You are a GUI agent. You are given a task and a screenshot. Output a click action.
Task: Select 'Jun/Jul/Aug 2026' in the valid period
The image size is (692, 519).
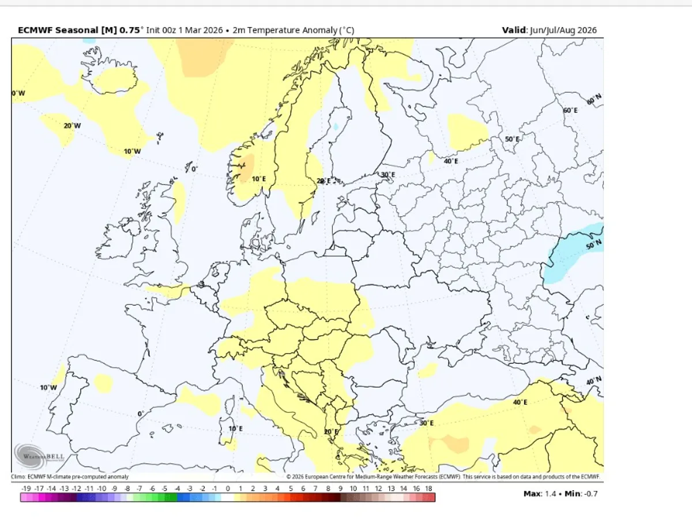pyautogui.click(x=563, y=31)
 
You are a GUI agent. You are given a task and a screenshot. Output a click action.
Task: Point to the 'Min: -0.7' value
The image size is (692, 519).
pyautogui.click(x=579, y=494)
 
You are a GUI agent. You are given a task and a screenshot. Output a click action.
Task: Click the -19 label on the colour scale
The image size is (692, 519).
pyautogui.click(x=26, y=488)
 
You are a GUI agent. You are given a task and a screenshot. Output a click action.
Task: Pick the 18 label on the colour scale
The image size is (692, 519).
pyautogui.click(x=428, y=488)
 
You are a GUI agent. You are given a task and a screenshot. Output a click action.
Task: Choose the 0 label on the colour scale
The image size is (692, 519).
pyautogui.click(x=227, y=488)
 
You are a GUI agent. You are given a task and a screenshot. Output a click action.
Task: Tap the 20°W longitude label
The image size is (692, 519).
pyautogui.click(x=72, y=126)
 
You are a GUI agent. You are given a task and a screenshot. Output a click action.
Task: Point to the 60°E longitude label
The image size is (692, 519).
pyautogui.click(x=570, y=110)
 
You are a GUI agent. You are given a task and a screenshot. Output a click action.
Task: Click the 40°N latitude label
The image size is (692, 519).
pyautogui.click(x=593, y=381)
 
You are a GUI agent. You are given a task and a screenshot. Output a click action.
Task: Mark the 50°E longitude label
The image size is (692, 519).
pyautogui.click(x=512, y=140)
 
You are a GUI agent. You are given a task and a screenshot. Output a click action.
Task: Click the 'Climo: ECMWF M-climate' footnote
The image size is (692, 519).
pyautogui.click(x=70, y=477)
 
